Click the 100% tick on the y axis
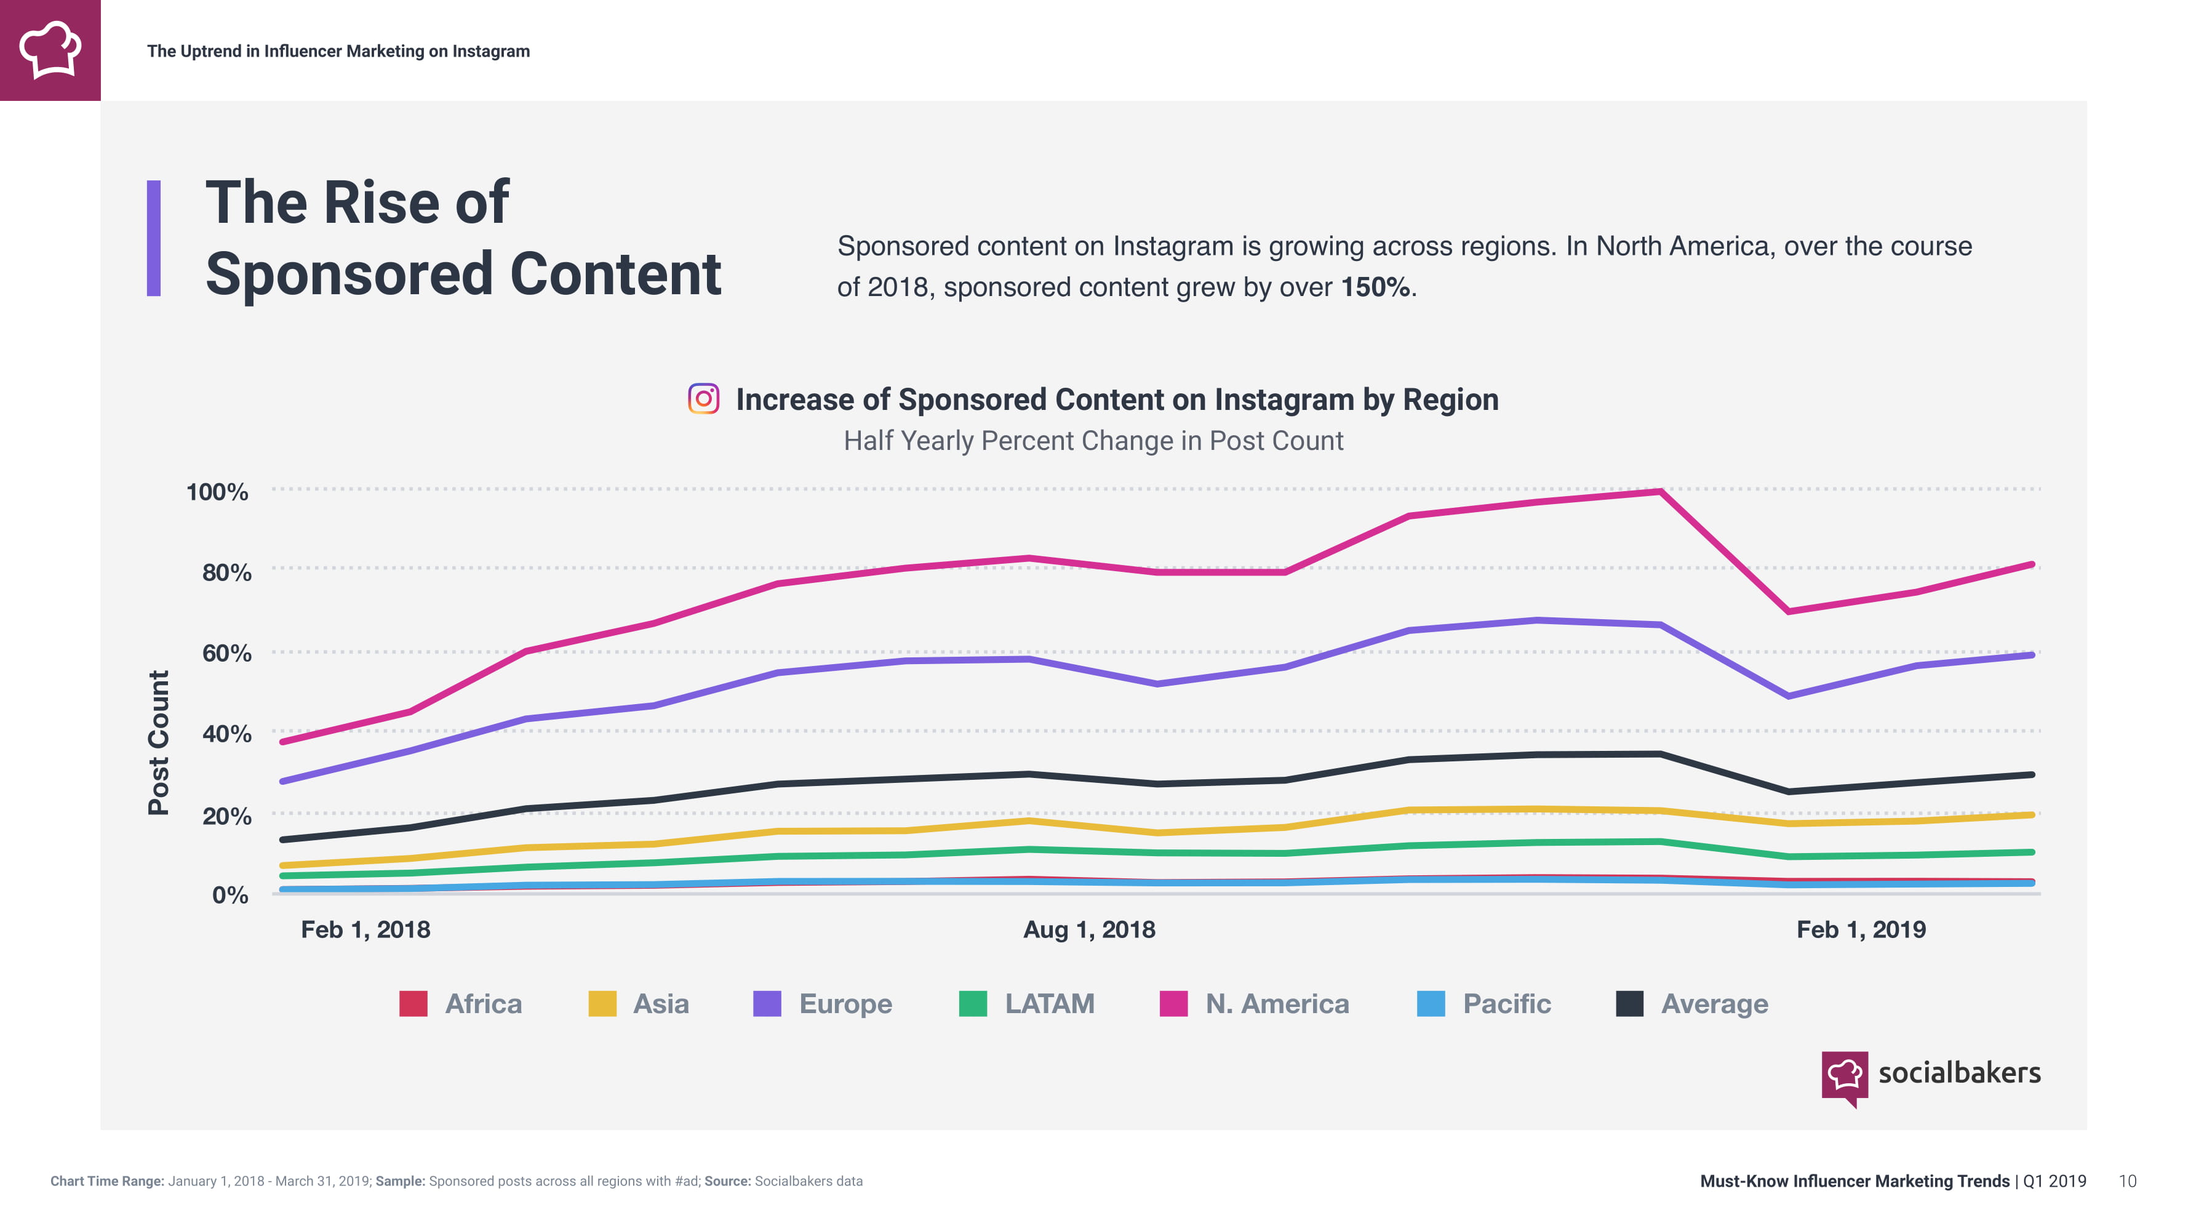[217, 492]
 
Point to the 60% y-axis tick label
[226, 653]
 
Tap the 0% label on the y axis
[230, 894]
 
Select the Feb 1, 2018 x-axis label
[365, 929]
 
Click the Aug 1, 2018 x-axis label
[1089, 929]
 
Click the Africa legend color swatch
[413, 1003]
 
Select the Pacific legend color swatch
[1431, 1003]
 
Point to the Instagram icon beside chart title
[703, 398]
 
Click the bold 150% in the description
[1376, 287]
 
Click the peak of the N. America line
[1659, 492]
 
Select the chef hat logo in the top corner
[50, 50]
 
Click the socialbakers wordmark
[1958, 1073]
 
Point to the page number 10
[2127, 1181]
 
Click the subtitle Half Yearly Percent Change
[1093, 441]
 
